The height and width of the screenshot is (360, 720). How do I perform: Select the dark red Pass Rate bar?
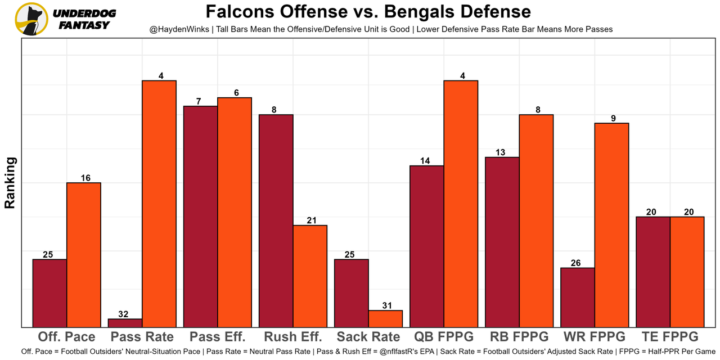(125, 323)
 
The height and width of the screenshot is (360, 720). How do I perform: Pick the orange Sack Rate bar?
(385, 318)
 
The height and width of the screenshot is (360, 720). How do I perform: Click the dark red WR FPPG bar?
(578, 297)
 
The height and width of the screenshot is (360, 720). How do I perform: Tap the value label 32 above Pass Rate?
(124, 314)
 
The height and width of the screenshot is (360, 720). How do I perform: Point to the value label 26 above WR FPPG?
(575, 263)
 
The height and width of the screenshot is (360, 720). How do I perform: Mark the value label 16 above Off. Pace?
(85, 178)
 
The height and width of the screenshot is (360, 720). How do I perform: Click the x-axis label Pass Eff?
(218, 337)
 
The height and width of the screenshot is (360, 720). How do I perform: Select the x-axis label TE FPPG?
(669, 337)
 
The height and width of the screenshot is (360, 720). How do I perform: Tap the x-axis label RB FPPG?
(519, 337)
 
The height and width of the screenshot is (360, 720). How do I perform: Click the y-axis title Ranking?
(10, 183)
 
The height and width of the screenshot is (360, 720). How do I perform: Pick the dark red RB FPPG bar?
(502, 242)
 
